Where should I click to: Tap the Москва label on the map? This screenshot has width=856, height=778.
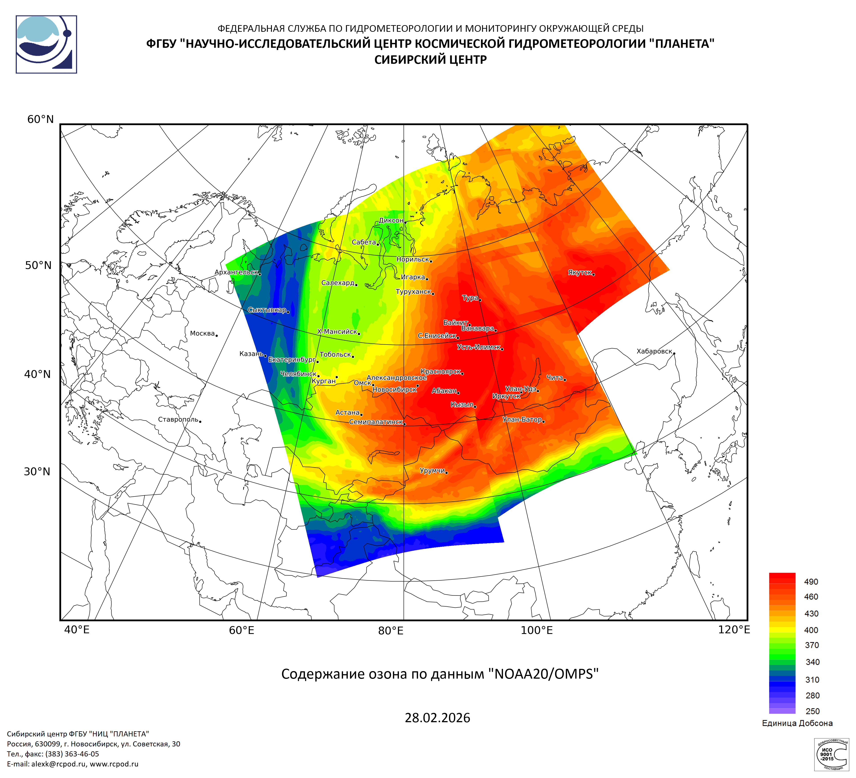click(203, 334)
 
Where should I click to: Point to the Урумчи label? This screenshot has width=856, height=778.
click(432, 471)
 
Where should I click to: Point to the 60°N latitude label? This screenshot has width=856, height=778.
click(40, 120)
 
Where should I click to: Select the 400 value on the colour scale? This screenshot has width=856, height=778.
click(811, 630)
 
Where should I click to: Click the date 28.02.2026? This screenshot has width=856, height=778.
click(437, 718)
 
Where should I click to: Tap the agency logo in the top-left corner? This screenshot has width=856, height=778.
click(46, 44)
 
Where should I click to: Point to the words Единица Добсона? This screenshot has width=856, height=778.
click(797, 723)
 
